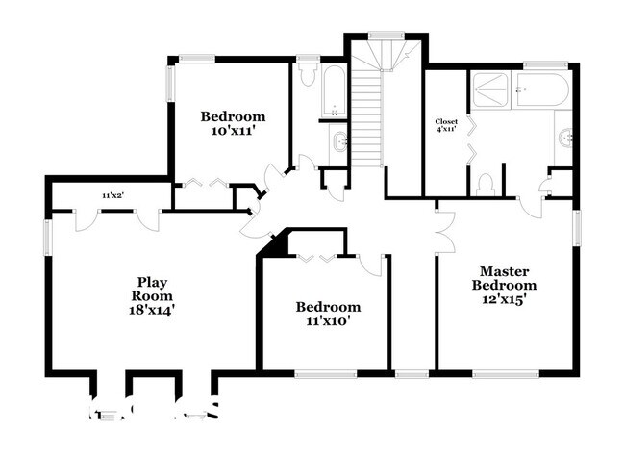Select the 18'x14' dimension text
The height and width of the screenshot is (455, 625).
pos(152,311)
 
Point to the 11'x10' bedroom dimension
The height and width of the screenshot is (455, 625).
pos(328,322)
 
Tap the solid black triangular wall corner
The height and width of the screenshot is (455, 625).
pos(279,243)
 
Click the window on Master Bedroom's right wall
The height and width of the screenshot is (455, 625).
pos(578,229)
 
